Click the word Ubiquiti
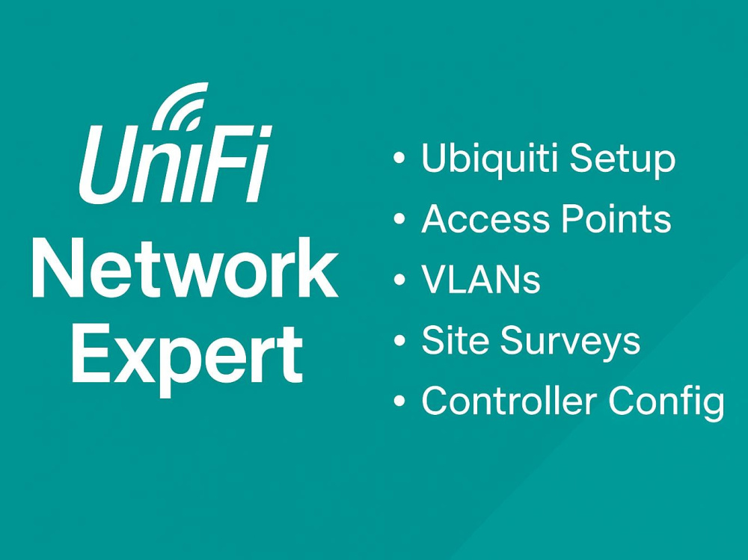(x=489, y=159)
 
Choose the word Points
(x=616, y=218)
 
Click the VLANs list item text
(x=481, y=279)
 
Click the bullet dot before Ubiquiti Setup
(x=399, y=159)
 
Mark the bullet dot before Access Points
(x=399, y=219)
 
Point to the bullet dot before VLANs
(x=399, y=280)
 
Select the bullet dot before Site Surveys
(x=399, y=340)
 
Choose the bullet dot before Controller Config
(x=399, y=401)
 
